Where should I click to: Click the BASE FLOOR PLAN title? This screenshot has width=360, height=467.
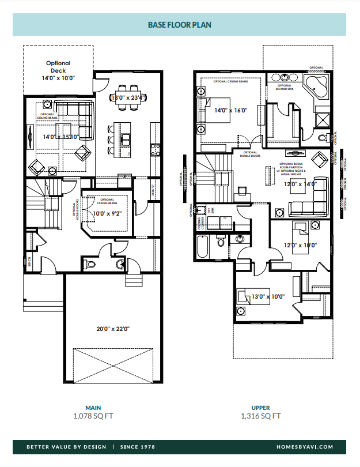tap(180, 25)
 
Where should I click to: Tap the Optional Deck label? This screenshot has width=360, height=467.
tap(58, 67)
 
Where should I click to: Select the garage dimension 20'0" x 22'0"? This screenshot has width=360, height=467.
tap(113, 329)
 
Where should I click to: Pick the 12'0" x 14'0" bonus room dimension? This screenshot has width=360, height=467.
tap(301, 184)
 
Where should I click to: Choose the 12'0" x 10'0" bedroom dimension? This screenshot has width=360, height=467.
tap(300, 245)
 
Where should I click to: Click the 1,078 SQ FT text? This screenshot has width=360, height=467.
tap(93, 416)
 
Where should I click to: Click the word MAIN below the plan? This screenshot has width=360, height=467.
tap(93, 408)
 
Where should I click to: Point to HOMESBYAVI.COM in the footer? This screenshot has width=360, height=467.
tap(309, 447)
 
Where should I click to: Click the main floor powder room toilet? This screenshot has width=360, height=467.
tap(89, 264)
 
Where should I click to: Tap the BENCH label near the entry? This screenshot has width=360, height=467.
tap(29, 263)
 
